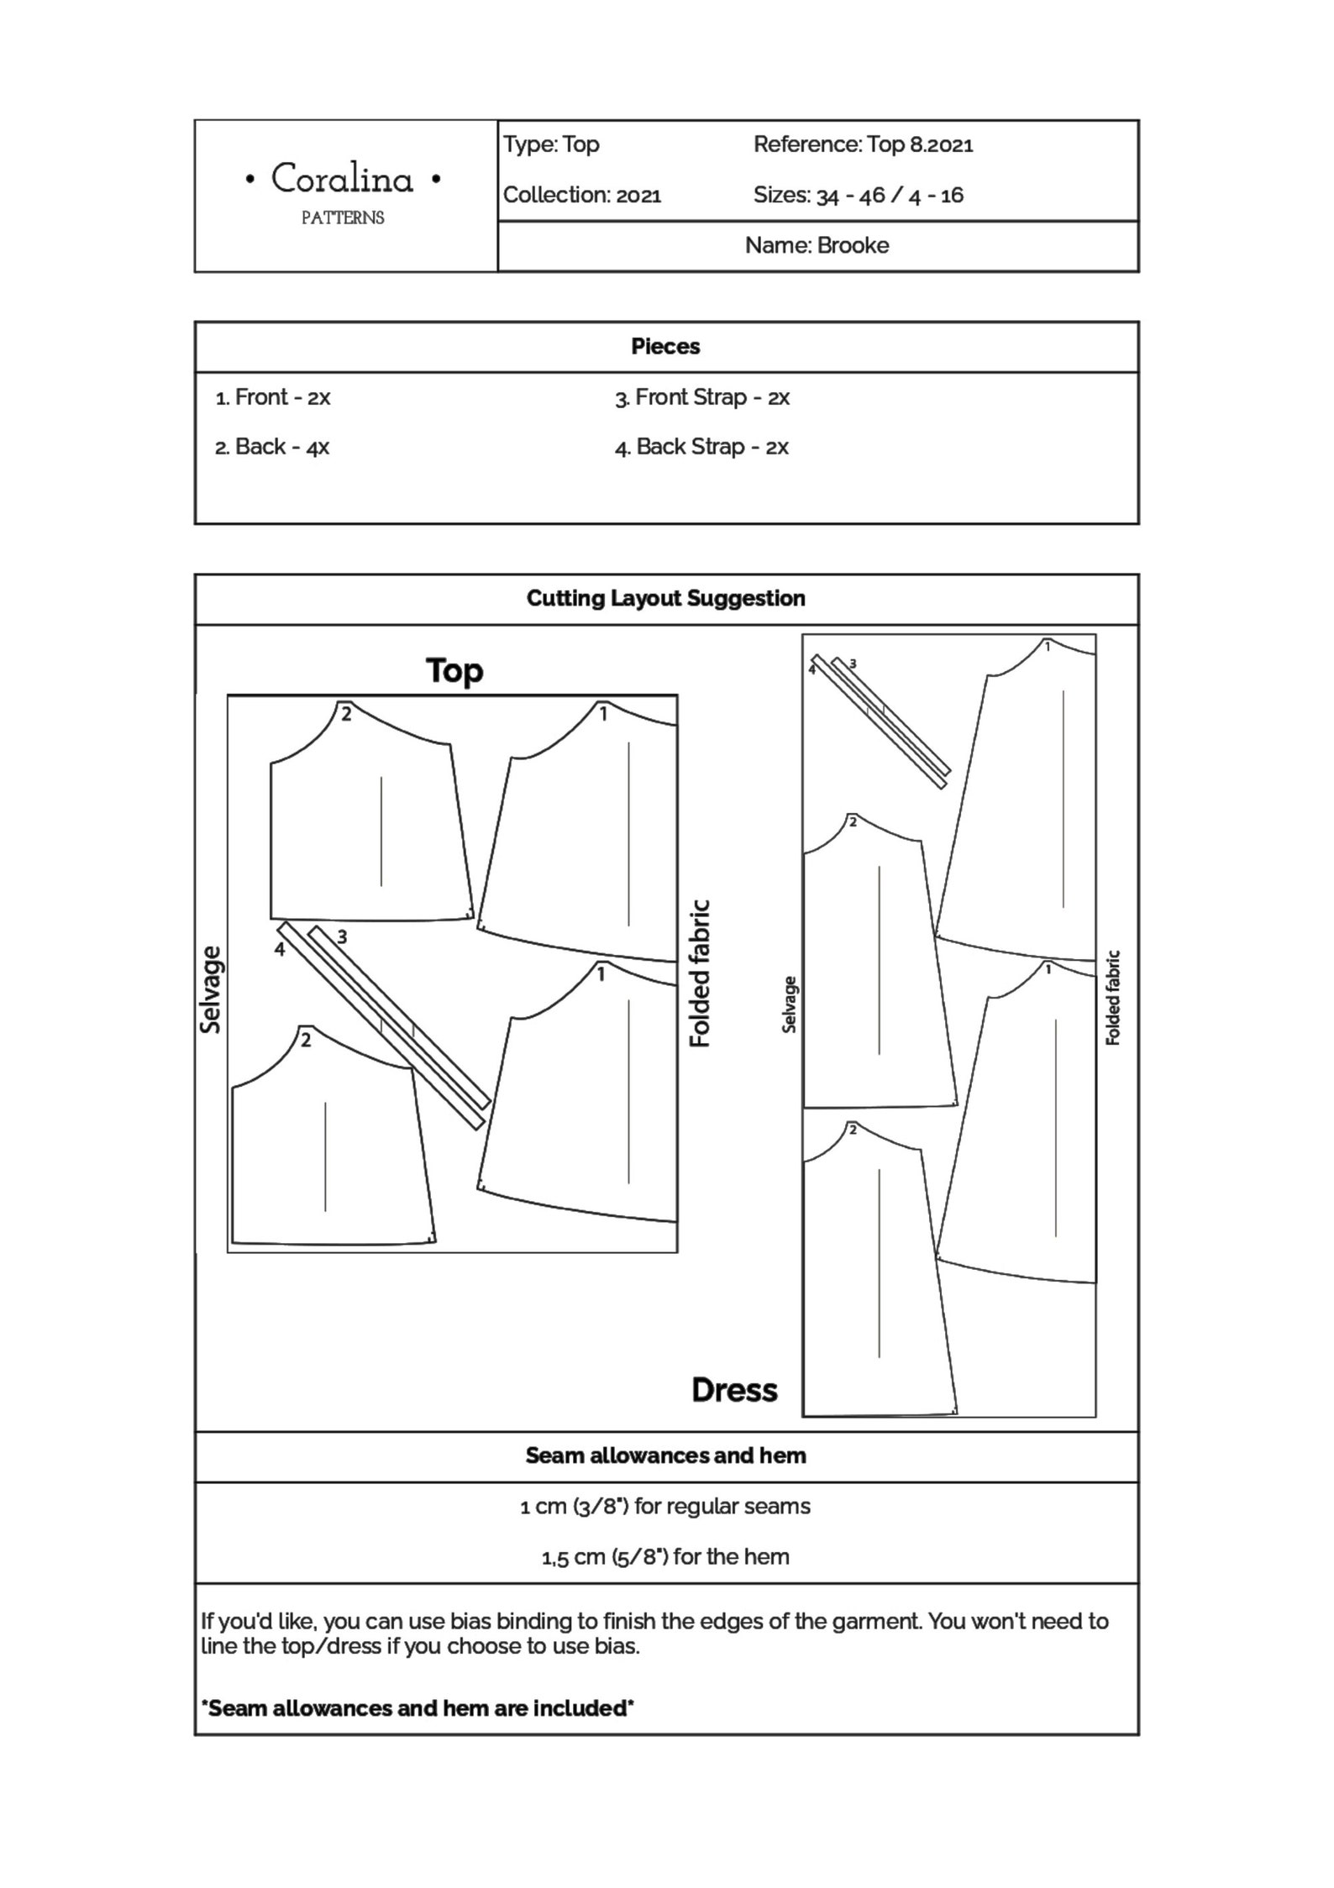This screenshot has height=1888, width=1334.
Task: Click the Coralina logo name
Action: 342,180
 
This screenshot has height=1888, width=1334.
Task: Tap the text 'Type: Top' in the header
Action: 551,144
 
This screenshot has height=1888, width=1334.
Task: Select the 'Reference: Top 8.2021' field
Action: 863,144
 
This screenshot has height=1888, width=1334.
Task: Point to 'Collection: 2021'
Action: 582,195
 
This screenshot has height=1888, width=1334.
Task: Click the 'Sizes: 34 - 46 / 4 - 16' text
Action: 858,195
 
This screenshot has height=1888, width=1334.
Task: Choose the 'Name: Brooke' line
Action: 817,245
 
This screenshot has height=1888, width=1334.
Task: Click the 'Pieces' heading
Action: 665,346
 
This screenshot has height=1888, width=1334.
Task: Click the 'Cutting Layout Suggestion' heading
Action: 665,598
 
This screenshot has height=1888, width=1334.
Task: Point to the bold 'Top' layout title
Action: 454,671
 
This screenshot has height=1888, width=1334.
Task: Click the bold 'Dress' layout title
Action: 734,1390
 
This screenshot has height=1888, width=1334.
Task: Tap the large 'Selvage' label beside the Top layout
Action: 212,989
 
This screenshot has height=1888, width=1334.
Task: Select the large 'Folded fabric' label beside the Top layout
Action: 700,973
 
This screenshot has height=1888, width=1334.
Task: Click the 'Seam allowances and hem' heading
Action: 665,1455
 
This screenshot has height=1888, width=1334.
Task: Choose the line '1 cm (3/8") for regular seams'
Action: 665,1506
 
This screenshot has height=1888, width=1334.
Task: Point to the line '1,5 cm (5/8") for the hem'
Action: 665,1556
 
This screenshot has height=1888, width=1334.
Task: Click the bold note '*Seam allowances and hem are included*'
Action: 418,1707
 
